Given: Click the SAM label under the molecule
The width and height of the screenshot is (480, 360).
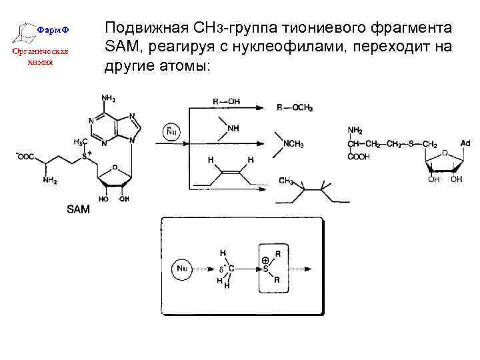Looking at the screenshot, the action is click(79, 209).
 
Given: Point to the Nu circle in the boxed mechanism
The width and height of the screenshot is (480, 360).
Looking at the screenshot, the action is click(183, 269).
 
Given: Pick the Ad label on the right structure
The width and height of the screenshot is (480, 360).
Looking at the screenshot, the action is click(465, 143).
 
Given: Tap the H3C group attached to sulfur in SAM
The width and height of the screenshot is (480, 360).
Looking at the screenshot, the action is click(79, 142).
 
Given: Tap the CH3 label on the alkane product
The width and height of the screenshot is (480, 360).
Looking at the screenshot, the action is click(287, 181).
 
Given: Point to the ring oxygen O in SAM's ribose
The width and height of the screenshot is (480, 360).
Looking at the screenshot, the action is click(115, 168).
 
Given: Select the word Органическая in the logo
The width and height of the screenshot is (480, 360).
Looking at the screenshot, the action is click(39, 53).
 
